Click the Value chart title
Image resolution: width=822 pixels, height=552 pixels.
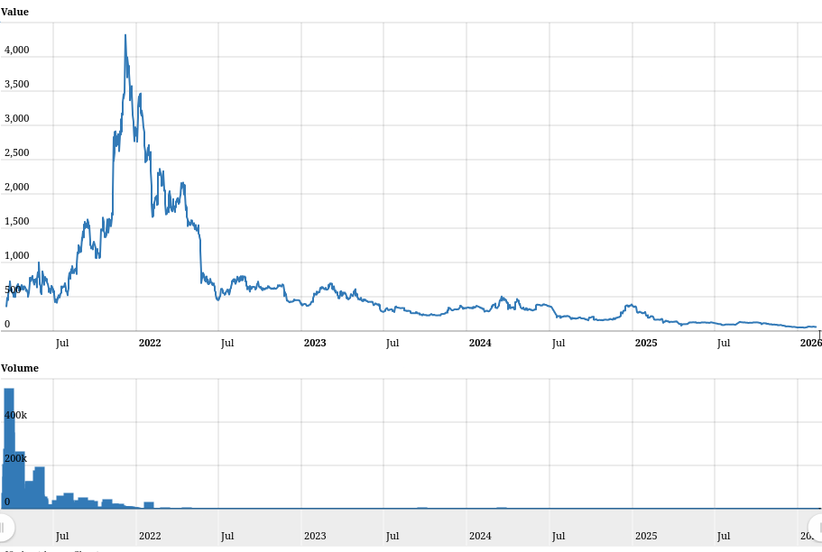click(14, 12)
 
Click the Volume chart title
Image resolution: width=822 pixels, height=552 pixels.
click(20, 368)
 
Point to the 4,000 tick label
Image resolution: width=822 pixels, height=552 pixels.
click(17, 51)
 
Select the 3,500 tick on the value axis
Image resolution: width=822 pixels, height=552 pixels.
click(17, 85)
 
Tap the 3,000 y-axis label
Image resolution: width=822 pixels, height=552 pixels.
click(17, 119)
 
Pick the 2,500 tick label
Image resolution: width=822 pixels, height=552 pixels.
click(17, 153)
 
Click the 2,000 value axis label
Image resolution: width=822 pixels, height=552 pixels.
click(17, 188)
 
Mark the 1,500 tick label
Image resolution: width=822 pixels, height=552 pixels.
click(17, 222)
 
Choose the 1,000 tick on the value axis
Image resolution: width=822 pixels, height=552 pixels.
click(17, 256)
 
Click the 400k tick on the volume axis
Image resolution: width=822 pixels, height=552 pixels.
click(16, 416)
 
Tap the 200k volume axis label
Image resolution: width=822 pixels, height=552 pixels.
click(16, 459)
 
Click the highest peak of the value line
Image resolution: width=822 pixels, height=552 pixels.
click(125, 36)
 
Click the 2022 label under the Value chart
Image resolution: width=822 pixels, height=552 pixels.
click(150, 343)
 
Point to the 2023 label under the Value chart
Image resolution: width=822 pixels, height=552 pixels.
click(315, 343)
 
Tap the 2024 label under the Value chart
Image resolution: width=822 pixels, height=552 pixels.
click(480, 343)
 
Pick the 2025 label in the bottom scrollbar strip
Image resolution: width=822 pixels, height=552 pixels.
click(646, 536)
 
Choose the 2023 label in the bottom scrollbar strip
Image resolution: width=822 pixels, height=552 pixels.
click(315, 536)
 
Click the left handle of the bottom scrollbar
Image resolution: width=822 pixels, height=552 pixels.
click(4, 527)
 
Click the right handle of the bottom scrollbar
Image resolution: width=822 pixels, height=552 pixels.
click(817, 527)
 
